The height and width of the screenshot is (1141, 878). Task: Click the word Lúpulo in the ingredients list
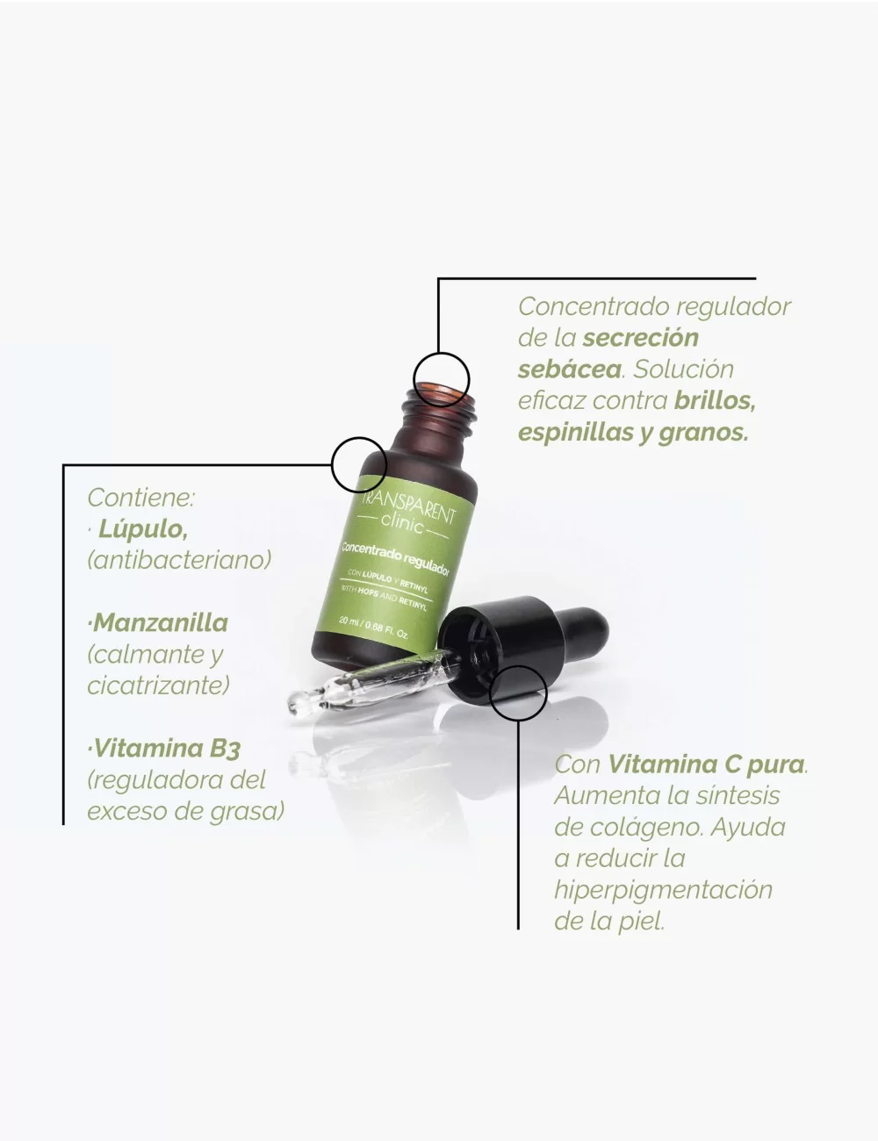point(142,528)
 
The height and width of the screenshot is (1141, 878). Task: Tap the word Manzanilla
point(161,623)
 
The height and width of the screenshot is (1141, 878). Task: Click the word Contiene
point(140,498)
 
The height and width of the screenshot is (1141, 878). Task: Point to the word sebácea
point(569,370)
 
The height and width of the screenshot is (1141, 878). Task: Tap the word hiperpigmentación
point(663,890)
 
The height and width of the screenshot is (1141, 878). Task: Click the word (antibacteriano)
point(179,560)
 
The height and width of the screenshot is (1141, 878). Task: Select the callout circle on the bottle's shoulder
point(359,463)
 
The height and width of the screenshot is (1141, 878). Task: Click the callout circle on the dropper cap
point(518,693)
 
